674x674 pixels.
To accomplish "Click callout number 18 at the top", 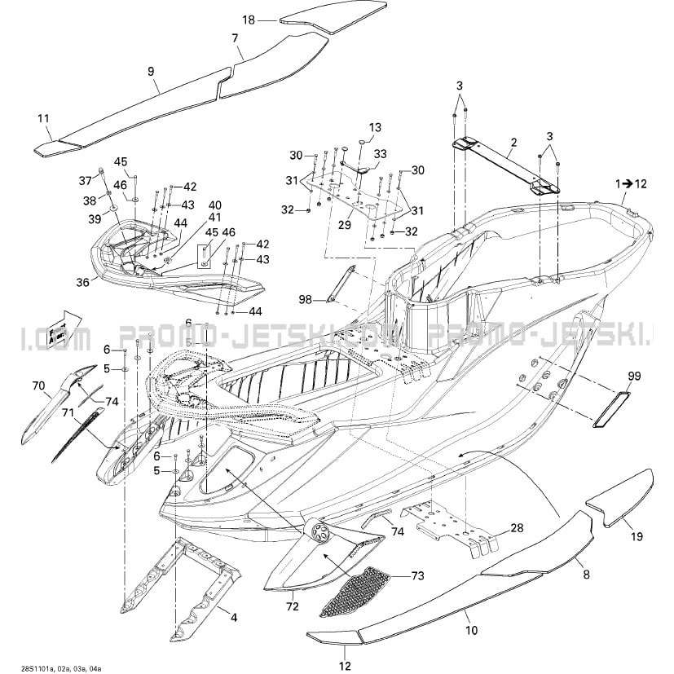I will tap(249, 19).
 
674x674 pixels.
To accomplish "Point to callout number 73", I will tap(417, 576).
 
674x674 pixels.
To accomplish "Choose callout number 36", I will tap(83, 283).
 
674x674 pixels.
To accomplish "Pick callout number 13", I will tap(375, 127).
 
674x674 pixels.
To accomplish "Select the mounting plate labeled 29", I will tap(356, 198).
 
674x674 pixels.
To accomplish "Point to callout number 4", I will tap(235, 618).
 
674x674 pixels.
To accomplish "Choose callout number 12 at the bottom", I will tap(345, 664).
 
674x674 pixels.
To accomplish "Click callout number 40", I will tap(192, 204).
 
